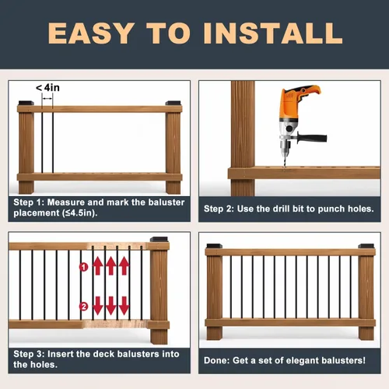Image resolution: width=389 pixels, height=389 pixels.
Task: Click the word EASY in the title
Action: (x=91, y=33)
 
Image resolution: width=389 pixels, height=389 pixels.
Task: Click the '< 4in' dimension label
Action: (x=47, y=88)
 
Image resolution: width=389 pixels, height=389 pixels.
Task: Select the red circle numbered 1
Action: (x=83, y=267)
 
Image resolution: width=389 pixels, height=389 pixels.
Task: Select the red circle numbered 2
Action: (x=83, y=307)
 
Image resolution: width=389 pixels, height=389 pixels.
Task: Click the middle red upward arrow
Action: (x=111, y=266)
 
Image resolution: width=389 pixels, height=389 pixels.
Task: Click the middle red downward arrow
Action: (x=111, y=306)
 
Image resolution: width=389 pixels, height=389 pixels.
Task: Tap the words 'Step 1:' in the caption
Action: (x=28, y=202)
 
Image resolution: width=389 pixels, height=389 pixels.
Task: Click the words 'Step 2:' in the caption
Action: (x=219, y=209)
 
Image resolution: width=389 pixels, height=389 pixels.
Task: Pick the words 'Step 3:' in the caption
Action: (x=29, y=354)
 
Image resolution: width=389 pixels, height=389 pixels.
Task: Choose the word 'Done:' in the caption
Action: (x=216, y=360)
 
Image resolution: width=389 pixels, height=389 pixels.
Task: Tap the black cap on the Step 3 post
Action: (x=159, y=240)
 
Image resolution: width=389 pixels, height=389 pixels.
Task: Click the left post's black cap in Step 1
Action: (x=26, y=103)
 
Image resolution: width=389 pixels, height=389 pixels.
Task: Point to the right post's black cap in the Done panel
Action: (x=366, y=246)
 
